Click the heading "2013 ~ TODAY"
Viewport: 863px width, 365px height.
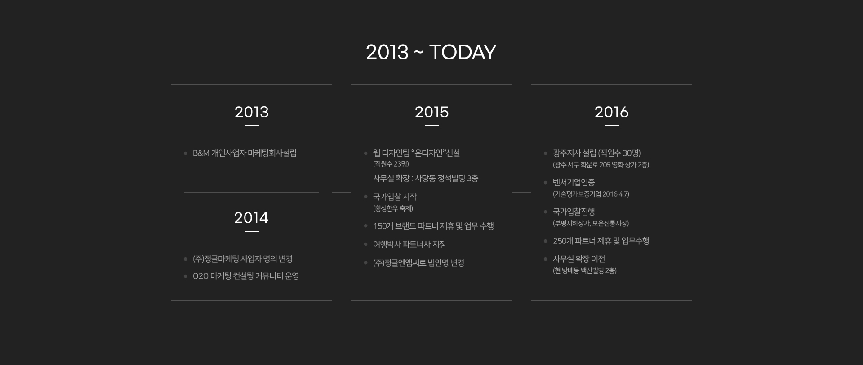click(x=431, y=52)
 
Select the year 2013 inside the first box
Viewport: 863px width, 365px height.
click(x=252, y=112)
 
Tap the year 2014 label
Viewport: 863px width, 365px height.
click(x=251, y=218)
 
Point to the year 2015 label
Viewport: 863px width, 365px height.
click(x=431, y=112)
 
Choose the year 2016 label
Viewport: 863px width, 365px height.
click(x=611, y=112)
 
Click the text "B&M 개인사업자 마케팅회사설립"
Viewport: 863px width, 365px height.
click(x=245, y=153)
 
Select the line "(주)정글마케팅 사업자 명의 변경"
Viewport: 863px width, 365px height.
click(x=243, y=259)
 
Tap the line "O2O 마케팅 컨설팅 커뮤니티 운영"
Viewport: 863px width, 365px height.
click(x=246, y=276)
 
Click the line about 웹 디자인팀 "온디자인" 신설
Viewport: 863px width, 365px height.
click(x=417, y=153)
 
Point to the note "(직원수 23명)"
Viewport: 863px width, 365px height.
click(x=391, y=164)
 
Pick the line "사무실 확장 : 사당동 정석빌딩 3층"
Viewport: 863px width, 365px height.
click(x=426, y=178)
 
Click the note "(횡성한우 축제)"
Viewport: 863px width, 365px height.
click(x=393, y=208)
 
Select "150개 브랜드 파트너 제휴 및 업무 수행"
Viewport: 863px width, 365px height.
click(x=433, y=226)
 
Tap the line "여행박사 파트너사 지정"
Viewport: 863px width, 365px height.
click(x=409, y=244)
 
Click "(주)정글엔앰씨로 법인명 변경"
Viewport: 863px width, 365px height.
click(x=418, y=263)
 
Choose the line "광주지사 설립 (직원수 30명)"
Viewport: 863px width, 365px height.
click(x=597, y=153)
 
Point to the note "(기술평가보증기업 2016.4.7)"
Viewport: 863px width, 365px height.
click(x=591, y=194)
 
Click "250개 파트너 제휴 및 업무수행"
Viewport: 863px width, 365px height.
click(x=601, y=241)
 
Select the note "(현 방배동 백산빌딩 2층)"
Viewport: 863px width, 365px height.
click(x=585, y=270)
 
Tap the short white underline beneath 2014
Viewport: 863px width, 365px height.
click(x=252, y=231)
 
